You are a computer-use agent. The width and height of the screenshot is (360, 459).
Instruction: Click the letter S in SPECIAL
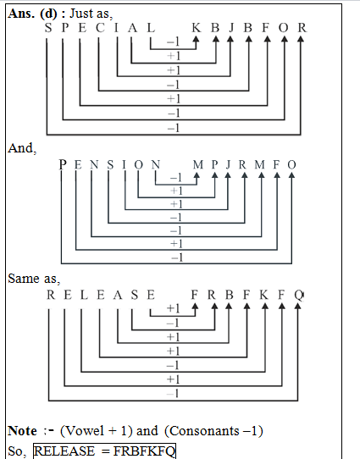click(x=49, y=28)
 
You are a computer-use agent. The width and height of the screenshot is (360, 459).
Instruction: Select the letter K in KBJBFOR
click(x=197, y=28)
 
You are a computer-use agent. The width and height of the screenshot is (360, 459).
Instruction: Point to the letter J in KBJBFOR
click(x=231, y=28)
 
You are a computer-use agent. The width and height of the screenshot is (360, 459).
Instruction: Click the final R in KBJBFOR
click(x=302, y=28)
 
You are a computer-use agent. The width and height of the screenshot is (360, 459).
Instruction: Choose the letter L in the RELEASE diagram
click(x=83, y=295)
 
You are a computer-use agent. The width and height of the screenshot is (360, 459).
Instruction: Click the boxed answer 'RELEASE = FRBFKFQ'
click(x=104, y=451)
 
